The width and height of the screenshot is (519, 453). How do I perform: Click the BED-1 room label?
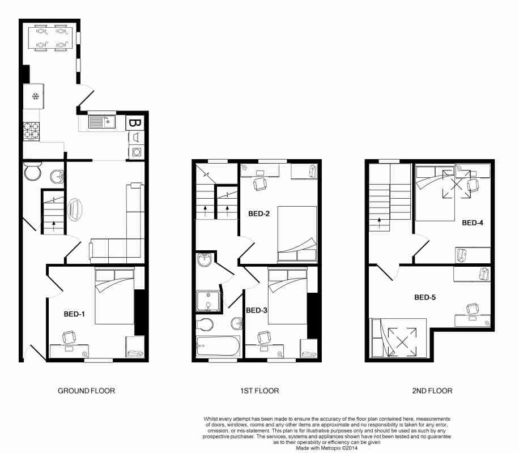tap(74, 314)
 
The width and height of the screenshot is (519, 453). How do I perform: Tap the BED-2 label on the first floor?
tap(259, 214)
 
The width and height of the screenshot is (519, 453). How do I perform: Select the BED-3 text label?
tap(257, 310)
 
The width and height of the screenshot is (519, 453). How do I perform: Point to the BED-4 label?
tap(473, 223)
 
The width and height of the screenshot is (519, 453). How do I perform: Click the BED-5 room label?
tap(425, 297)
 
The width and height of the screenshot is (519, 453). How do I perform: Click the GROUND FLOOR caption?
tap(86, 391)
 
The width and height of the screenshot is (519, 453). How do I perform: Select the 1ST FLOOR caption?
tap(259, 391)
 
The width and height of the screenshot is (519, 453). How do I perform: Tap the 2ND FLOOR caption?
tap(432, 391)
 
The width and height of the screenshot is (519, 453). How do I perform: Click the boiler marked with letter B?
tap(135, 123)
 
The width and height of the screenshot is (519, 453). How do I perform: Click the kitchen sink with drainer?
tap(102, 122)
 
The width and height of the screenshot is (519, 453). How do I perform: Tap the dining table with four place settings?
tap(50, 38)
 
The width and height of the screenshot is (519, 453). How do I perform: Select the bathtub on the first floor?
tap(218, 346)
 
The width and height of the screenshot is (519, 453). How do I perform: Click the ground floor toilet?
tap(32, 171)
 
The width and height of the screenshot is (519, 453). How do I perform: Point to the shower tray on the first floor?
tap(208, 301)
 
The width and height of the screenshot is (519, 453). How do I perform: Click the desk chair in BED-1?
tap(69, 337)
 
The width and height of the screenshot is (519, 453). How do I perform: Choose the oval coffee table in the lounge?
tap(75, 210)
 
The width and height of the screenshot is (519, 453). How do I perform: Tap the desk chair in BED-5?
tap(473, 309)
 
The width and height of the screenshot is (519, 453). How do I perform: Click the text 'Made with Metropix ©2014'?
tap(327, 448)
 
